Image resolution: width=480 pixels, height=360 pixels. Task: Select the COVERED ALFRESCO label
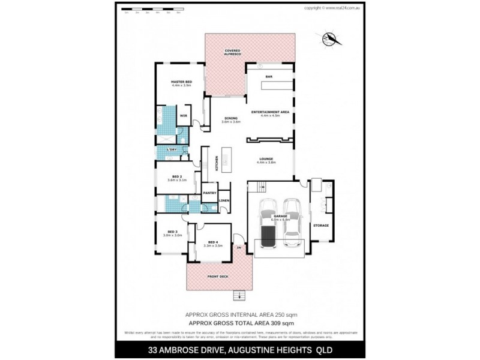(x=233, y=52)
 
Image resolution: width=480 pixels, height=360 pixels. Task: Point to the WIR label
(x=184, y=115)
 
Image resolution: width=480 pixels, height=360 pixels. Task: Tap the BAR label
(x=269, y=76)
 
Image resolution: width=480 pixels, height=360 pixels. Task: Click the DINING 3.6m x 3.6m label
(x=231, y=119)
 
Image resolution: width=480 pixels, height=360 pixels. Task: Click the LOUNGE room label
(x=265, y=160)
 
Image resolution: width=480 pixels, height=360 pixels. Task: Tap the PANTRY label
(x=209, y=193)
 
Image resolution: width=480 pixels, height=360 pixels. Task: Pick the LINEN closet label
(x=223, y=200)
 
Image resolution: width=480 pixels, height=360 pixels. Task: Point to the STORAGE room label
(x=321, y=225)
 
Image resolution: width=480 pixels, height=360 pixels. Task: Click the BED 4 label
(x=213, y=243)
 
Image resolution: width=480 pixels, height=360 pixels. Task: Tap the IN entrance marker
(x=239, y=247)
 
